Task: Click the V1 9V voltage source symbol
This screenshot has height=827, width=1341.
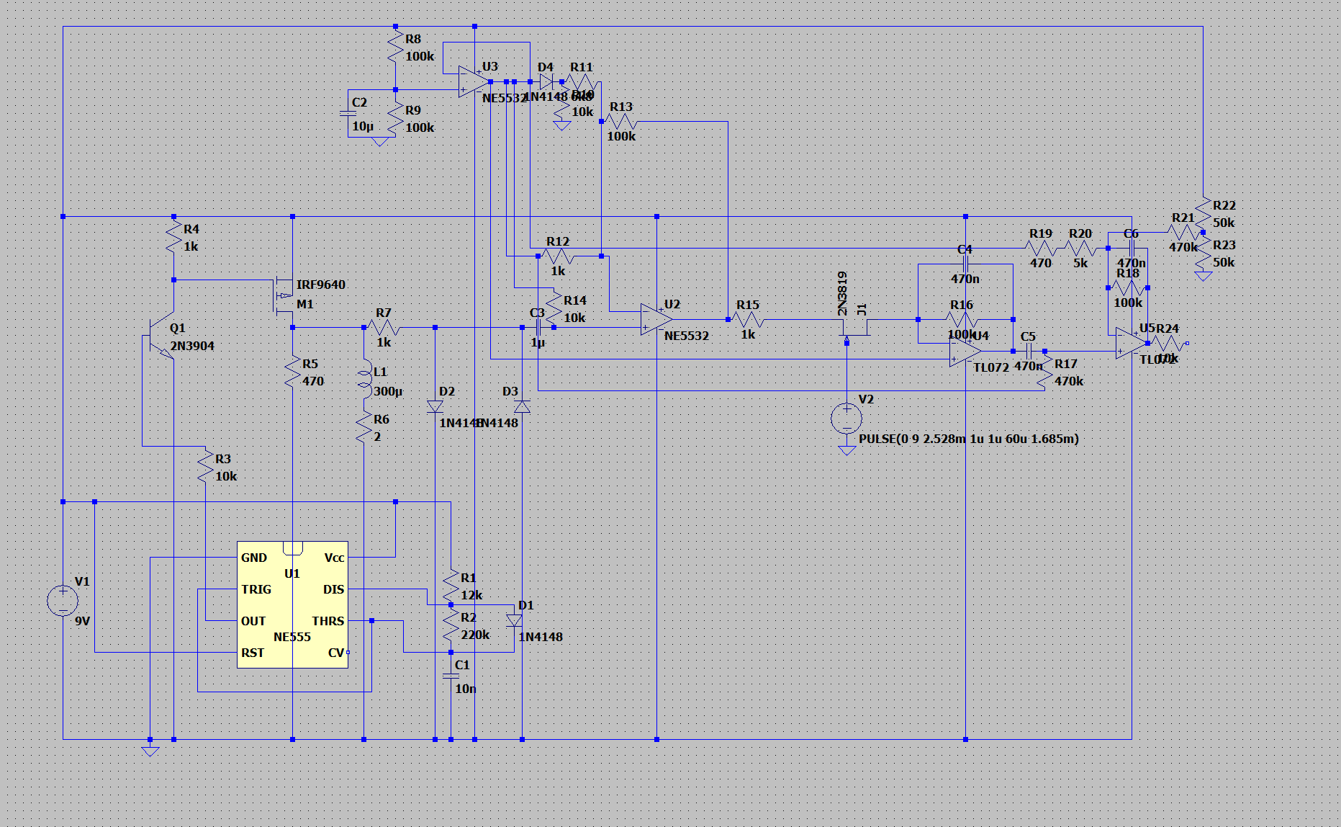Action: (63, 601)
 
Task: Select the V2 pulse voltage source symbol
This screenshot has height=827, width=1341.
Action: (846, 418)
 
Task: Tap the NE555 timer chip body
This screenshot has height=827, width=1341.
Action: (292, 605)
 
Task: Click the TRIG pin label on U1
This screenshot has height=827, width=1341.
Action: (256, 589)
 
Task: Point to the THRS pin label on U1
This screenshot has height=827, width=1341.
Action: (328, 621)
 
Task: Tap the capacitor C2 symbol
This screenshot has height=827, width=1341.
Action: (348, 113)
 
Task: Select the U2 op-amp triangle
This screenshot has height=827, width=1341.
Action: (656, 320)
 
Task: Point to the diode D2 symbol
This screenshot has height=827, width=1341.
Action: (435, 407)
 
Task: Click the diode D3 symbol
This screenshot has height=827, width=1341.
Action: (523, 407)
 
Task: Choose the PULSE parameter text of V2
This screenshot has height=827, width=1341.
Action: (968, 439)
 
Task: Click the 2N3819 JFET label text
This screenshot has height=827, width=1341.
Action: (842, 293)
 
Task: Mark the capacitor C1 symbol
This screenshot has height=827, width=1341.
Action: (451, 676)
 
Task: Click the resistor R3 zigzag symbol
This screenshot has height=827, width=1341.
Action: (206, 467)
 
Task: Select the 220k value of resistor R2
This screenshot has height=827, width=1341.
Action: (475, 635)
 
